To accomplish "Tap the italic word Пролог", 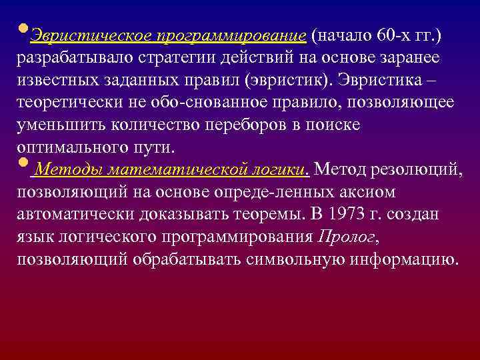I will coord(347,237).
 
